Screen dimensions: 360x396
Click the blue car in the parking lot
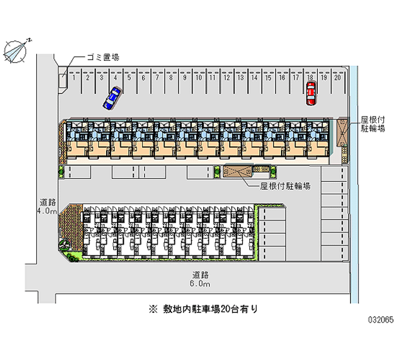tap(112, 98)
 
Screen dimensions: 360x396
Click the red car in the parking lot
tap(310, 93)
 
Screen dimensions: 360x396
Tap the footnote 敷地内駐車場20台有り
tap(203, 309)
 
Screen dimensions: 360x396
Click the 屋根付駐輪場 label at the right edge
tap(372, 124)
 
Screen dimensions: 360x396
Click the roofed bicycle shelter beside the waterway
tap(343, 132)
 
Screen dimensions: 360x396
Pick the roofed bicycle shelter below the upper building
tap(237, 171)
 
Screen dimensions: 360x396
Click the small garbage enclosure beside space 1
tap(63, 82)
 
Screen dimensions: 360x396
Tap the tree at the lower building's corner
tap(65, 244)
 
